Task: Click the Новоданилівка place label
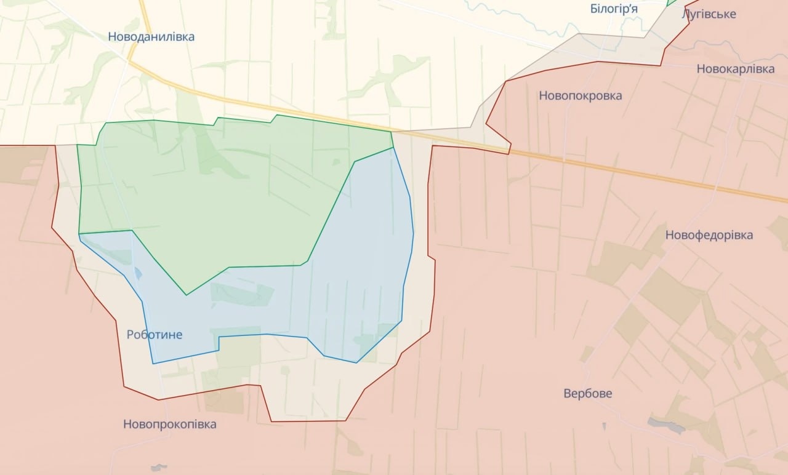tap(151, 37)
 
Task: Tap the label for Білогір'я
tap(613, 9)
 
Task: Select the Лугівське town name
tap(709, 14)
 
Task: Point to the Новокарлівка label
tap(735, 69)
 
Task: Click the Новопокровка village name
tap(580, 95)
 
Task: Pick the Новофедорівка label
tap(709, 235)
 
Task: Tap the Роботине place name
tap(154, 335)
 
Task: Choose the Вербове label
tap(588, 394)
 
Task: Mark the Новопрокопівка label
tap(169, 425)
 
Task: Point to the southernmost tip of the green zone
tap(187, 295)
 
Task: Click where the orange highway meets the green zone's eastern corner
tap(391, 131)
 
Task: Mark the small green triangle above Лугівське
tap(672, 2)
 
